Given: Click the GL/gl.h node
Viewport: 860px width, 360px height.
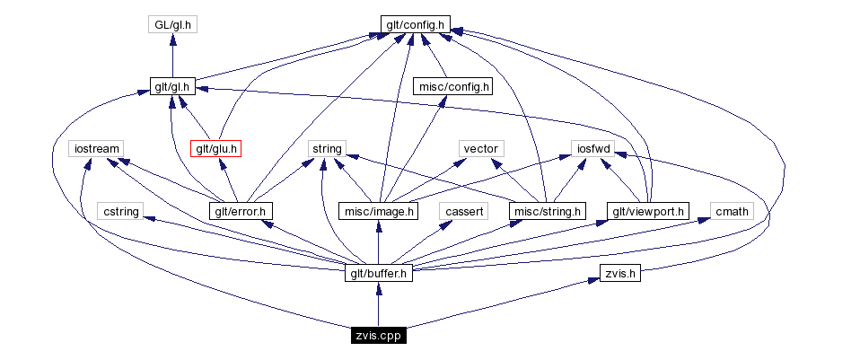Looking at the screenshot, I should point(172,24).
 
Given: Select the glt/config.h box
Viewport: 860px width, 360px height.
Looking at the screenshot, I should point(413,24).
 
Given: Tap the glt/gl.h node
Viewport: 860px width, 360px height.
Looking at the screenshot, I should point(173,86).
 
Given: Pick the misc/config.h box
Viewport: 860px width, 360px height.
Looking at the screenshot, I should point(452,86).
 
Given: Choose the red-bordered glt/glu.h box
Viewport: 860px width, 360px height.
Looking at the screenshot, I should point(216,148).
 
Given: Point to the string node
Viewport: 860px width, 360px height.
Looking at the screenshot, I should point(323,148).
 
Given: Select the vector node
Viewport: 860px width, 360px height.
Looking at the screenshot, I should point(480,148).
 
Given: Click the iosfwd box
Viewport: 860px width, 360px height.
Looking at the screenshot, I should point(592,148).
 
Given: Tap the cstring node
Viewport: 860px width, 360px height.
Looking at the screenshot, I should point(120,211).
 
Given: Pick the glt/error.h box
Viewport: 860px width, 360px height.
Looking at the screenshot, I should point(241,211).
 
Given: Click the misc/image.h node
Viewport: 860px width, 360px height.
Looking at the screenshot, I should point(378,211).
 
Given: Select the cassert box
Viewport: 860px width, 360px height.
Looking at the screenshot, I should point(465,211).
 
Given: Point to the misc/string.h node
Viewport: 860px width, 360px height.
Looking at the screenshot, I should point(546,211).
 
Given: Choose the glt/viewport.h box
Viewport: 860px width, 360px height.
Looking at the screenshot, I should point(647,211).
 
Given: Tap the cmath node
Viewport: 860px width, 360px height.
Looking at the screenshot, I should point(731,211).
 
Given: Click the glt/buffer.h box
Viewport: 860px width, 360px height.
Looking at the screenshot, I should point(378,273).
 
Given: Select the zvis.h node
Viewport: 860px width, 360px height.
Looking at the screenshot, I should point(619,273).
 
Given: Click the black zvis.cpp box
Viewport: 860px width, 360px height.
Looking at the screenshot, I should point(378,336).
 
